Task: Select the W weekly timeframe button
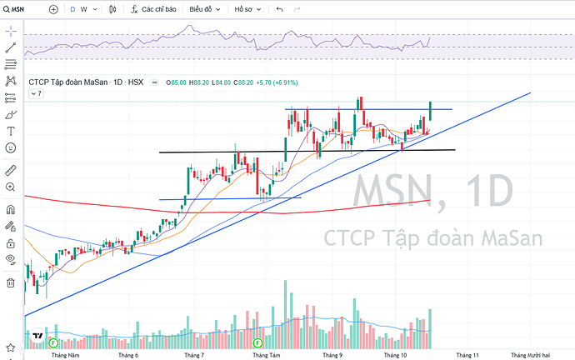click(84, 9)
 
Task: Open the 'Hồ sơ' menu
click(247, 9)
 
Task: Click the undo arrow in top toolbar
click(279, 9)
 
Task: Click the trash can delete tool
click(11, 282)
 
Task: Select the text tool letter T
click(11, 131)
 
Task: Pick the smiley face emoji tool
click(11, 147)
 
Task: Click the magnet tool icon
click(11, 209)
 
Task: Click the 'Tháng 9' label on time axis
click(332, 355)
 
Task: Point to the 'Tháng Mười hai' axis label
click(530, 355)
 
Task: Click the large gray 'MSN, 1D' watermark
click(432, 192)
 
